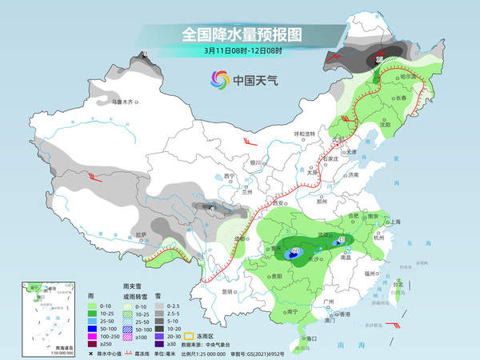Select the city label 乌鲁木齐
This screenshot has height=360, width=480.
click(x=126, y=102)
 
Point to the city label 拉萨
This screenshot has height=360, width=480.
click(x=141, y=234)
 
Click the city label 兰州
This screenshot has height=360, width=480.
click(x=248, y=192)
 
